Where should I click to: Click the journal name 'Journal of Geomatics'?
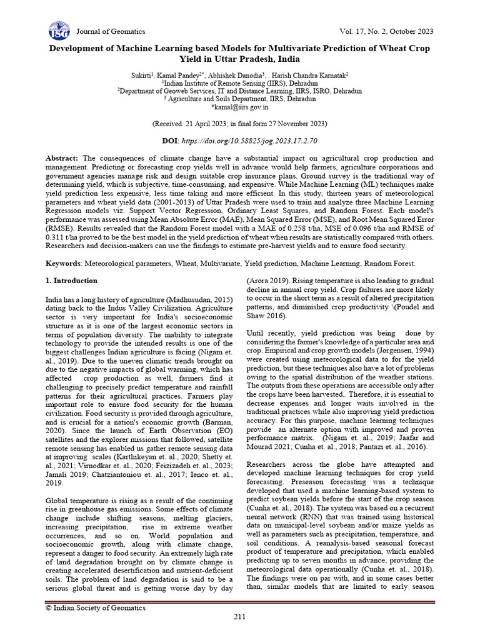110,31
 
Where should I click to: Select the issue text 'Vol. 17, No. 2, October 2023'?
385,31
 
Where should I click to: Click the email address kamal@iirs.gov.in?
241,107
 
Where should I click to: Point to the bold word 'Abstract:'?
63,159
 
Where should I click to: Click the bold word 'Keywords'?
65,264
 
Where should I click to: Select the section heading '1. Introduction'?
71,281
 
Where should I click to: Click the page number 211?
240,618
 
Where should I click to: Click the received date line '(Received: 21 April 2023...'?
240,124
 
